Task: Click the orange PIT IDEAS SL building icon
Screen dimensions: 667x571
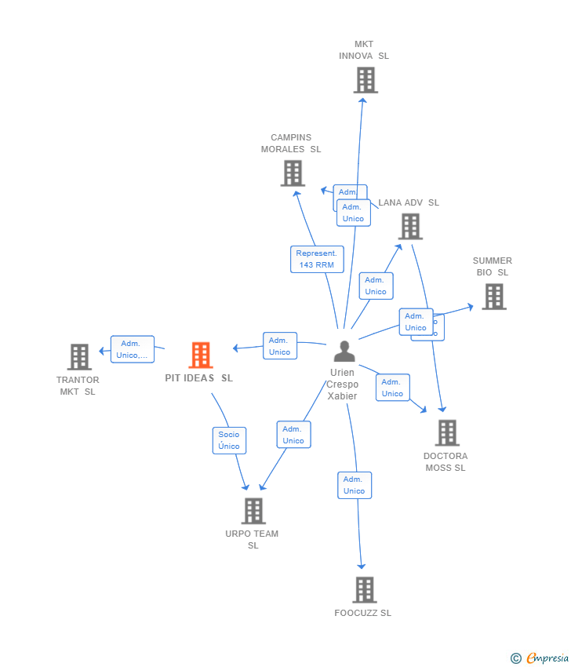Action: pos(201,355)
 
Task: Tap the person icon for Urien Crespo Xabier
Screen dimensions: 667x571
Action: pos(344,351)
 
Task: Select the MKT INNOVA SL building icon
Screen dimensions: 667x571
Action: pos(365,80)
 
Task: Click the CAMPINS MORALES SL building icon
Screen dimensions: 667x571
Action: pos(293,173)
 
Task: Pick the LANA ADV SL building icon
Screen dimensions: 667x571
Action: pos(409,227)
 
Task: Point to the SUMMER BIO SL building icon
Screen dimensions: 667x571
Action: pos(493,297)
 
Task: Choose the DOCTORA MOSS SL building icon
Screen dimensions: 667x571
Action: pos(446,432)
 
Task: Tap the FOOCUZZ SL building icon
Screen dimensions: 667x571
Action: pos(364,589)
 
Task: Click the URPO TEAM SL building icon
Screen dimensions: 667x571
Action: pos(253,511)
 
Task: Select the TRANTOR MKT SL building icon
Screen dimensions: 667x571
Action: pos(79,357)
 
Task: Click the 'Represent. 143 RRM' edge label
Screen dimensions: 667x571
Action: pos(317,259)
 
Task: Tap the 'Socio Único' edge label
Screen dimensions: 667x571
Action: pos(229,440)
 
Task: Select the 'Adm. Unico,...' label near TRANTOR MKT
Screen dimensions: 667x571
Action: pos(132,349)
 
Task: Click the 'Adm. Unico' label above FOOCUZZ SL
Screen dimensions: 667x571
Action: pos(354,485)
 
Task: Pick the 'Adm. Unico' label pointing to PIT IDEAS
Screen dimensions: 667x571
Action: pos(279,346)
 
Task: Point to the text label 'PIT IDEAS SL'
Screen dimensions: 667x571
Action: pos(198,378)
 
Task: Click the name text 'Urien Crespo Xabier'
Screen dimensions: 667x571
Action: pos(343,385)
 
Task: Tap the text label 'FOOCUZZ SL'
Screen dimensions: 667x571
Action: pos(362,613)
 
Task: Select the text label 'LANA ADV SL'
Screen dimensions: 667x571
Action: pos(409,202)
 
